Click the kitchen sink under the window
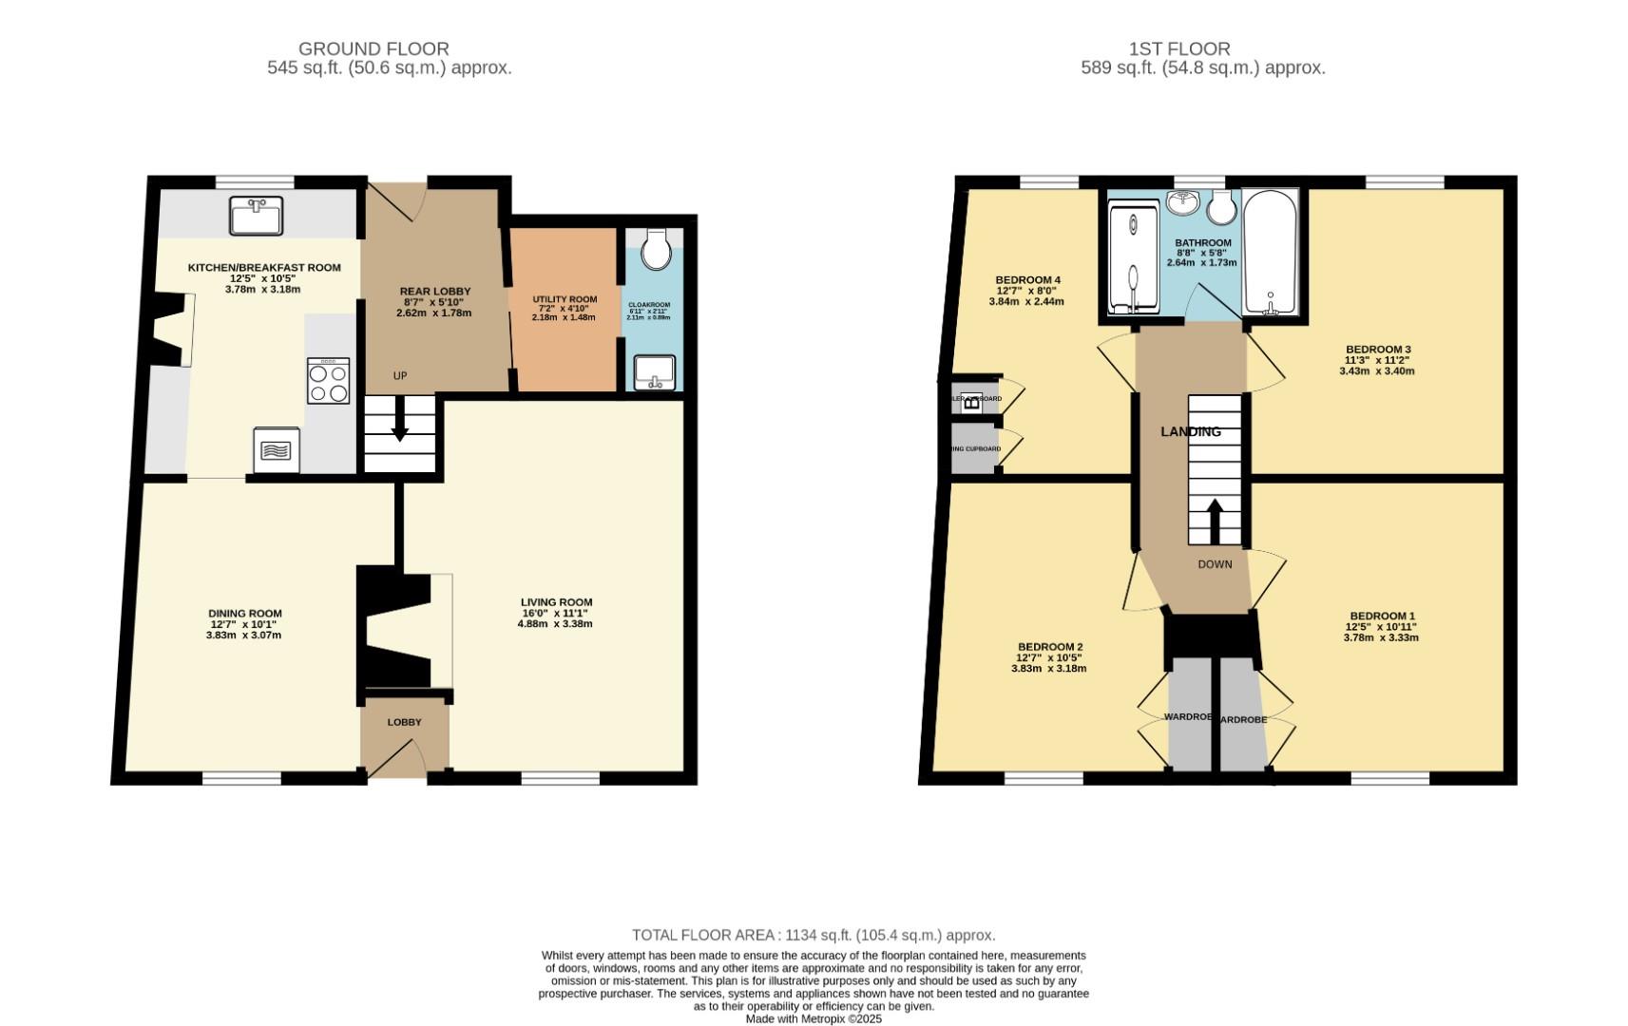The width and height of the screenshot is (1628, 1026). tap(256, 216)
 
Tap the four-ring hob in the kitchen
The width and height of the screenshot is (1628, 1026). tap(328, 381)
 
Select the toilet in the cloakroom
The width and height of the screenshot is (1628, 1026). tap(656, 249)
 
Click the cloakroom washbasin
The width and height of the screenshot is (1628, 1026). tap(654, 371)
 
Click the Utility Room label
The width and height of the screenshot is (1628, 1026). tap(565, 299)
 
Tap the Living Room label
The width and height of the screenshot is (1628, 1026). tap(556, 601)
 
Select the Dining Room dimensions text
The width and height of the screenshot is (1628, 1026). tap(245, 630)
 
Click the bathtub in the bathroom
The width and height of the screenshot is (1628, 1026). tap(1270, 253)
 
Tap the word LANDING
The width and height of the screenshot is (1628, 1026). tap(1190, 431)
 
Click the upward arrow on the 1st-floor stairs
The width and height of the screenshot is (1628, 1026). tap(1215, 520)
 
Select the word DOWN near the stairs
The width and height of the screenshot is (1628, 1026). tap(1215, 564)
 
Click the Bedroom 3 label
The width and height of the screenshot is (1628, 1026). tap(1378, 349)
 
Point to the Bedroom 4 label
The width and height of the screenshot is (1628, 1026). tap(1027, 279)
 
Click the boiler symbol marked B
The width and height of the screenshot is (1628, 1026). tap(971, 401)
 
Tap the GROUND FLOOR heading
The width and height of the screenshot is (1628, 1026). tap(373, 48)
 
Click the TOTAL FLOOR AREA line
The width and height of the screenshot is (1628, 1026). tap(814, 935)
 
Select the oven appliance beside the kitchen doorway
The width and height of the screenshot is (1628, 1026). tap(277, 450)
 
